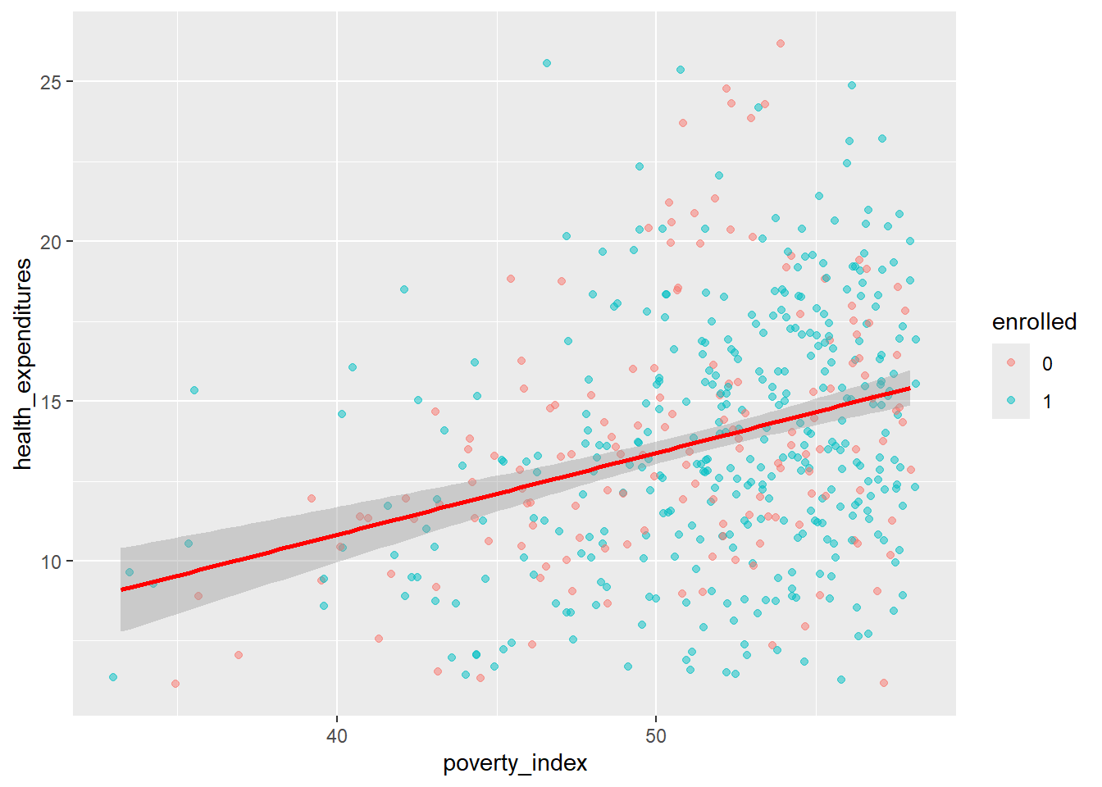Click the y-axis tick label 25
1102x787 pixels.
(50, 82)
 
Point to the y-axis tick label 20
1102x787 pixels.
(50, 242)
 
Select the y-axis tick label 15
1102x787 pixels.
(50, 402)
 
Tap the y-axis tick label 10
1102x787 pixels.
(50, 562)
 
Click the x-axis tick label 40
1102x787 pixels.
(336, 735)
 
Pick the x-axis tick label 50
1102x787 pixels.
(656, 735)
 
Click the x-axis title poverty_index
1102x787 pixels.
(515, 763)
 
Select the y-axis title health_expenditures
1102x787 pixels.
(23, 363)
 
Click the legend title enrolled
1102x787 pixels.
(1034, 322)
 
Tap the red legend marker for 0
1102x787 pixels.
(1010, 362)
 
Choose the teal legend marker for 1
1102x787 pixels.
(1010, 400)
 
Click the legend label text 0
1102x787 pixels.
(1047, 364)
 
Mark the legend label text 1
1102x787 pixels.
(1047, 402)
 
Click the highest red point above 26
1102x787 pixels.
(781, 43)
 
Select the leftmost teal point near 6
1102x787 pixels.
(113, 677)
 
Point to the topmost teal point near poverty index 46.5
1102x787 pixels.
(547, 63)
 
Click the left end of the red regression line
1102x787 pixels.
(121, 589)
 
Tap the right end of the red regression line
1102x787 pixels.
(909, 388)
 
